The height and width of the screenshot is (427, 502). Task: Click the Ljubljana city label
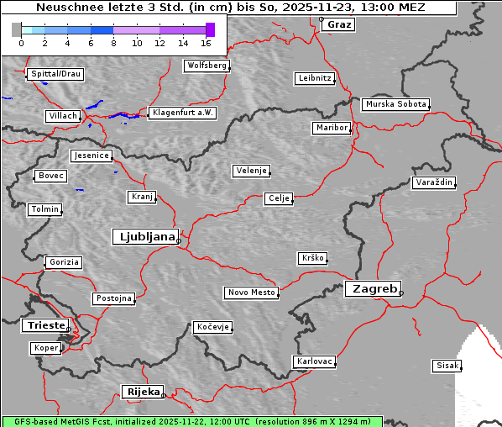point(144,236)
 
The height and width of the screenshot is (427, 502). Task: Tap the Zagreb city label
point(372,288)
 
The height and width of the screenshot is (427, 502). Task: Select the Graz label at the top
point(339,24)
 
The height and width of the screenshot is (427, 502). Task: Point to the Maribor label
point(331,128)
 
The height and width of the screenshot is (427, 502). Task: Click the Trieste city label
point(44,325)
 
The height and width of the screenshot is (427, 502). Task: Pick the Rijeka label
point(143,392)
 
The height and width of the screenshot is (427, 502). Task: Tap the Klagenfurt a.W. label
point(182,113)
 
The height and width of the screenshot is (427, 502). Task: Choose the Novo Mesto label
point(251,293)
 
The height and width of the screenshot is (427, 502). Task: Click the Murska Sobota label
point(395,105)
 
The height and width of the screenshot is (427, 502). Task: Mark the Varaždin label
point(434,182)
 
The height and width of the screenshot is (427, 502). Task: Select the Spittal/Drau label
point(55,74)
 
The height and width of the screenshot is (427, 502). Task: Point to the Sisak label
point(447,366)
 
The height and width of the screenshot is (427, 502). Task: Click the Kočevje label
point(212,326)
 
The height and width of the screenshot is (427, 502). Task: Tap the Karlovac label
point(315,361)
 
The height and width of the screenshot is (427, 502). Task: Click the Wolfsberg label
point(206,66)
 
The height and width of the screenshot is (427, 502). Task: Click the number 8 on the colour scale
point(113,43)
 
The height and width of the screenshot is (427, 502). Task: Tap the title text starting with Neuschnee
point(231,8)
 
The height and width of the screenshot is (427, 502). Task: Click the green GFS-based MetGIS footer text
point(191,421)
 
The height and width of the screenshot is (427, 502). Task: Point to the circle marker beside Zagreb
point(401,293)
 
